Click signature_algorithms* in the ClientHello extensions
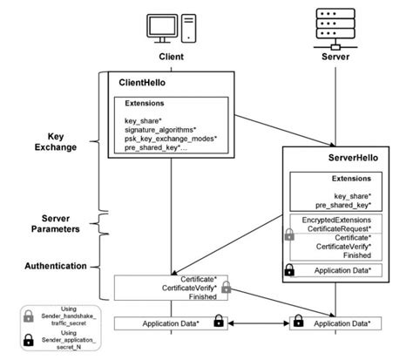pyautogui.click(x=166, y=128)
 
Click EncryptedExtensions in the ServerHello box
pyautogui.click(x=337, y=221)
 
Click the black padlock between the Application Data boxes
pyautogui.click(x=219, y=323)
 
